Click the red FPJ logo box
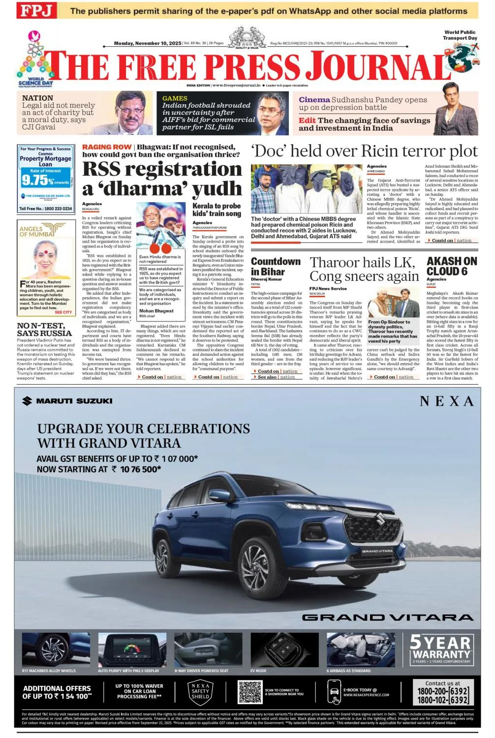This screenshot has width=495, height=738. point(36,10)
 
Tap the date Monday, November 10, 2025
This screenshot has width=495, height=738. point(148,43)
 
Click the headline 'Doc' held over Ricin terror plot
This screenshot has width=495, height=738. point(364,151)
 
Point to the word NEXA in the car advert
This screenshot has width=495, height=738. point(447,401)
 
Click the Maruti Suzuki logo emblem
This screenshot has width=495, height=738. point(27,401)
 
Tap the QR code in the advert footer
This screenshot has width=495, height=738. point(250,692)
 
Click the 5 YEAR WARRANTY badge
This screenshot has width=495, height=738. point(441,648)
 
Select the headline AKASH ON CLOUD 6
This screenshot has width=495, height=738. point(452,266)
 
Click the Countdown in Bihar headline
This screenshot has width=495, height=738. point(276,266)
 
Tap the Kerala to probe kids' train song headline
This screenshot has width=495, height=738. point(217,210)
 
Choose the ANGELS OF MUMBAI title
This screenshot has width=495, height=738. point(37,231)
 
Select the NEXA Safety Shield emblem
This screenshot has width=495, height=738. point(200,691)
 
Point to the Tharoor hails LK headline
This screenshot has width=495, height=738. point(363,263)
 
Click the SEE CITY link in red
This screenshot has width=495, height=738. point(63,312)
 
